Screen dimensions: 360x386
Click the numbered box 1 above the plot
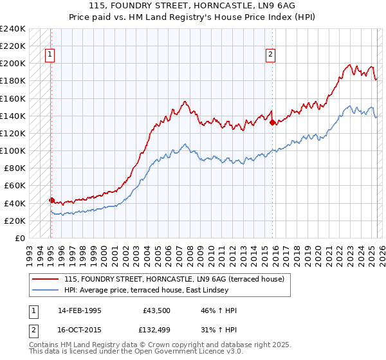[x=50, y=55]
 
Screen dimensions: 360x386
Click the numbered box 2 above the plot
[x=271, y=55]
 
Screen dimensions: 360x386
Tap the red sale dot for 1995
[x=51, y=200]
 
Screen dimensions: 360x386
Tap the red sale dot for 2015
[x=273, y=122]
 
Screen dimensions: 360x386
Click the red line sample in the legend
[x=46, y=279]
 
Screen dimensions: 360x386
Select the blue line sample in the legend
[x=46, y=289]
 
